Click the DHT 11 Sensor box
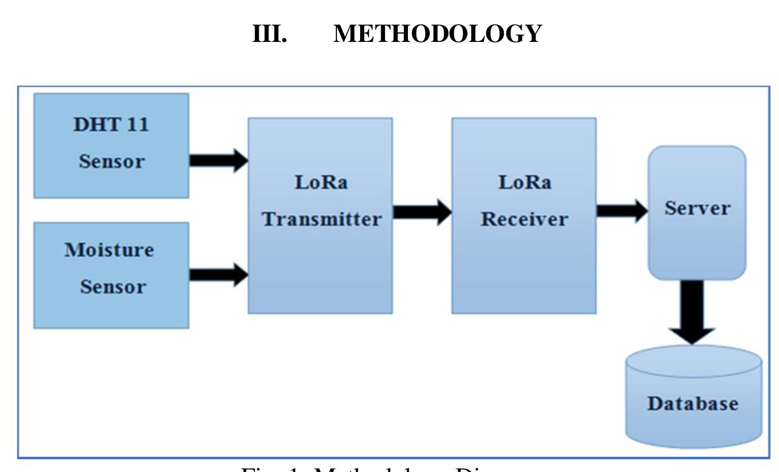111,146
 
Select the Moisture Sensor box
111,275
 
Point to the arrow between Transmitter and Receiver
422,213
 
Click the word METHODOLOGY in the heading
437,34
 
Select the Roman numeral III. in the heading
270,34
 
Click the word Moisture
109,250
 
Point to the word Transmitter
322,219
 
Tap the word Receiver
525,219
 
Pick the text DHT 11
111,125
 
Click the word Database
693,403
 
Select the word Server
697,208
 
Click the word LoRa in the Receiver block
525,183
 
